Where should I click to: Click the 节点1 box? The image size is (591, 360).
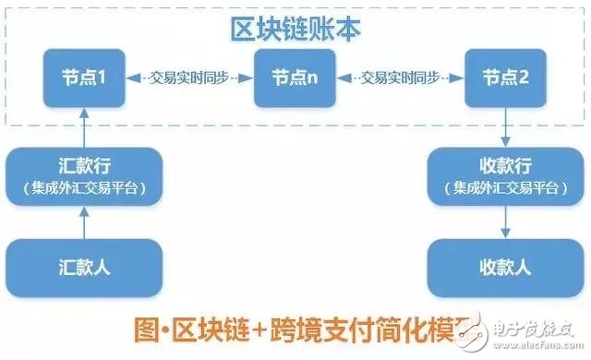[84, 78]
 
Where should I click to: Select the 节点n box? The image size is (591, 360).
[294, 78]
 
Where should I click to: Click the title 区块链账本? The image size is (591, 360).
[295, 29]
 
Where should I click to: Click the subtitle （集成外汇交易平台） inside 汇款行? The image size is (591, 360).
[84, 190]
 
